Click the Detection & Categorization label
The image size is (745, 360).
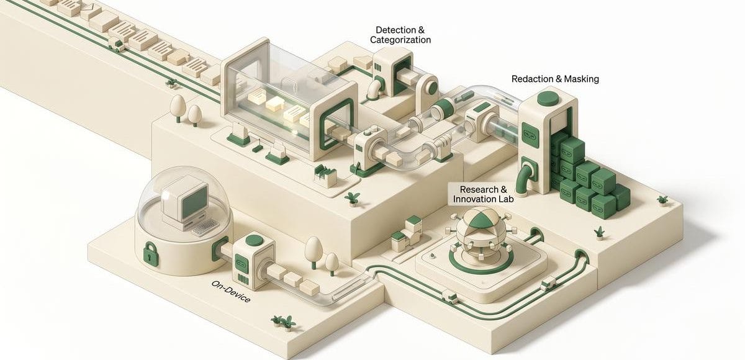click(400, 35)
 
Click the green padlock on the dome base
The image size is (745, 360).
click(150, 253)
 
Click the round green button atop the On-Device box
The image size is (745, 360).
click(254, 240)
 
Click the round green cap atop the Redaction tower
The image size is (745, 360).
click(547, 98)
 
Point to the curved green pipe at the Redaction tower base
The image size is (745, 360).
click(527, 174)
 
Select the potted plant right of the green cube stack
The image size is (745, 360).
click(663, 200)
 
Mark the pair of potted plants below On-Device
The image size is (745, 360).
click(282, 322)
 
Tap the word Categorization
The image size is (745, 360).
click(400, 40)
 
